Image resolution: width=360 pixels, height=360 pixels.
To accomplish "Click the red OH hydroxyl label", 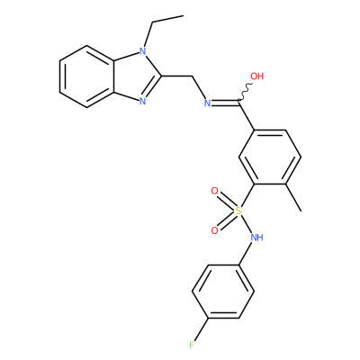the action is [256, 76].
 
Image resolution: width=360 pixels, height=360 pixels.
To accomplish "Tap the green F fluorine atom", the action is [192, 345].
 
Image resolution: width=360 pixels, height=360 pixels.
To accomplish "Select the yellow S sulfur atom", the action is [238, 211].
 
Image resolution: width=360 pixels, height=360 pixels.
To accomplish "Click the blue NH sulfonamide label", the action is [256, 238].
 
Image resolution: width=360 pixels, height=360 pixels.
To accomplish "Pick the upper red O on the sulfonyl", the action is [214, 191].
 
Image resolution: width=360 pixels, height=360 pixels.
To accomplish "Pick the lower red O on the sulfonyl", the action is [214, 230].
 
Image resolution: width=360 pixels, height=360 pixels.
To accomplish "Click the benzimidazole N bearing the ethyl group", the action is [143, 50].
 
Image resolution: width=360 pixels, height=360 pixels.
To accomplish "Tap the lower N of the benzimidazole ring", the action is [143, 101].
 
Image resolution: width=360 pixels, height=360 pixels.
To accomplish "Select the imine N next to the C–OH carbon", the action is [207, 103].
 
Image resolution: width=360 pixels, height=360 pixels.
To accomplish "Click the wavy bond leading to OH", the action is [246, 91].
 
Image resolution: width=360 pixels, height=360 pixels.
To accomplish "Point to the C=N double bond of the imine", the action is [225, 103].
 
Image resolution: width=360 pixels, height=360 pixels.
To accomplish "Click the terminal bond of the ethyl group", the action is [168, 19].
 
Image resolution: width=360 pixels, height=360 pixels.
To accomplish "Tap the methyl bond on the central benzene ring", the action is [292, 197].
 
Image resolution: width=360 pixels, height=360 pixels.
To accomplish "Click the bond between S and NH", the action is [246, 223].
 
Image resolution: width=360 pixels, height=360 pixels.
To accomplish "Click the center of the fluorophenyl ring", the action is [223, 292].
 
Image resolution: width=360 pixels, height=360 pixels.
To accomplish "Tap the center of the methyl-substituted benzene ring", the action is [269, 157].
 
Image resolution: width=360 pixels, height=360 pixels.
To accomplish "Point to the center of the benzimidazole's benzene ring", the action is [87, 76].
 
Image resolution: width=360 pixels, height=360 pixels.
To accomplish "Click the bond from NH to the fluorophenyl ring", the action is [246, 255].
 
